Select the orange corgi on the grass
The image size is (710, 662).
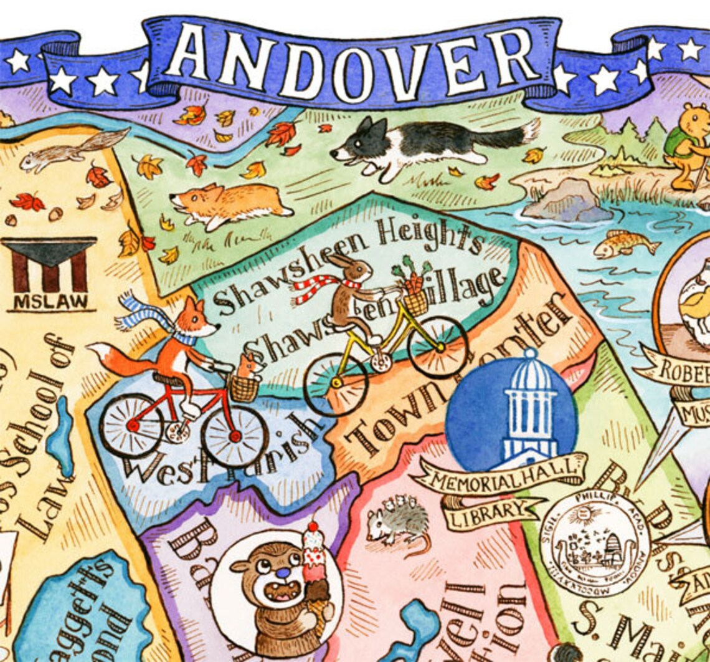pos(230,203)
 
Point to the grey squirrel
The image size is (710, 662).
pos(69,152)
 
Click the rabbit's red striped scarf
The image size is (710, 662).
pos(318,288)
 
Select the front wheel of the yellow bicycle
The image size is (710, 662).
pos(437,347)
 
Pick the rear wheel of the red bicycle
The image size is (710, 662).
pos(131,426)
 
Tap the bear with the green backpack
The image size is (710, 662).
pos(688,146)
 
